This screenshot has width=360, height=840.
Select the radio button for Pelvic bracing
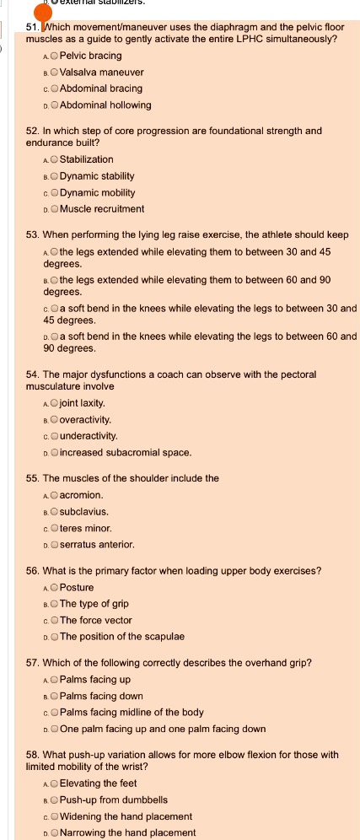[x=54, y=56]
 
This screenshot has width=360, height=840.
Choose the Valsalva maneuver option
[x=54, y=73]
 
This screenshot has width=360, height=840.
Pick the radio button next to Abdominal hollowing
[x=54, y=105]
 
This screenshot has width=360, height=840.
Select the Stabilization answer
[x=54, y=159]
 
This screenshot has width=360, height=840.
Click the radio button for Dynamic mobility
[x=54, y=192]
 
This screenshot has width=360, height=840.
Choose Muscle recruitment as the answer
[x=54, y=209]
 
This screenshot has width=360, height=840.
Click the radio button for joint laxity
[x=54, y=403]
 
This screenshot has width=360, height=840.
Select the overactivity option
[x=54, y=419]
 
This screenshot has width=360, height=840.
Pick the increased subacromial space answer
[x=54, y=453]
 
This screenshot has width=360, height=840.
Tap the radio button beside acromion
[x=54, y=494]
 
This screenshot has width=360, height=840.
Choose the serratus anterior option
[x=54, y=545]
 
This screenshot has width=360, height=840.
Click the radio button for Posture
[x=54, y=587]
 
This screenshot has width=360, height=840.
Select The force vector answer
[x=54, y=620]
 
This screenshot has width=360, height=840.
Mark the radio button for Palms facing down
[x=54, y=696]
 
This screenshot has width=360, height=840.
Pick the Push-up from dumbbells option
[x=54, y=800]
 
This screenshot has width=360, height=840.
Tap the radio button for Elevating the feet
[x=54, y=783]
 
